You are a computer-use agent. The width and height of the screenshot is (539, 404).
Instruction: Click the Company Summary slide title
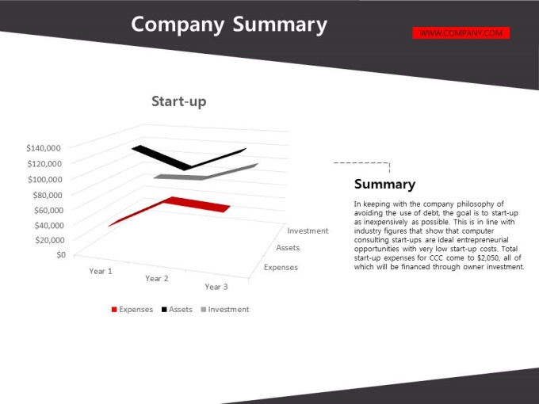229,25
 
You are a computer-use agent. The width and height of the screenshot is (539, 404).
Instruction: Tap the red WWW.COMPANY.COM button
461,33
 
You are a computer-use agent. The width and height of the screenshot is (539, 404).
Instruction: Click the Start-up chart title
179,101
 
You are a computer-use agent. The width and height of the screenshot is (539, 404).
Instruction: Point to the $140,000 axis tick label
44,148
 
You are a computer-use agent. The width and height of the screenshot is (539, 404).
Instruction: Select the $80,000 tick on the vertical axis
48,195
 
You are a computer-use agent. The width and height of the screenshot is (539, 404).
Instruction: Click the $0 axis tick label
61,254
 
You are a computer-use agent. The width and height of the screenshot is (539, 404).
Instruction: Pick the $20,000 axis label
49,240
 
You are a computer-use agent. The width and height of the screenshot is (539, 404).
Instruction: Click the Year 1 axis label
101,271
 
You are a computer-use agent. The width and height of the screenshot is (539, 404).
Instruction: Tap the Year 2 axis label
157,278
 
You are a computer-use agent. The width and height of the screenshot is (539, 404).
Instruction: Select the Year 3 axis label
216,287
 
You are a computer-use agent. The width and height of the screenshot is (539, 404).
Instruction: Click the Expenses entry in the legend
132,309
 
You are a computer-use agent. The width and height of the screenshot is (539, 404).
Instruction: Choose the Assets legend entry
177,309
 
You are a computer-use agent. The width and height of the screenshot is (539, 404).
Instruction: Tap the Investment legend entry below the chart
225,309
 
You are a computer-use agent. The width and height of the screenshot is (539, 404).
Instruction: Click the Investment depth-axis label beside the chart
308,231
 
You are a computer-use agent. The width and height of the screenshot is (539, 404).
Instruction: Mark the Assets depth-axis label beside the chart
288,248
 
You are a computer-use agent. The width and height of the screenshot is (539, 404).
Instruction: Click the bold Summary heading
384,184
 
